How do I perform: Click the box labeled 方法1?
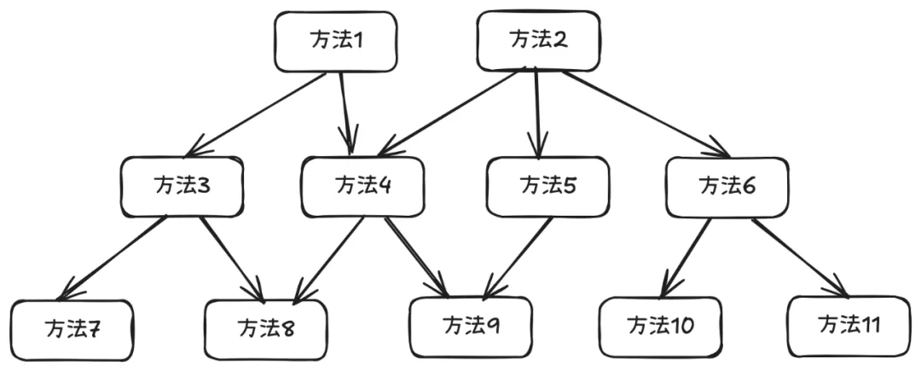(336, 42)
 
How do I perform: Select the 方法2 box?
(538, 40)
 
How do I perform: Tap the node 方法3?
(182, 187)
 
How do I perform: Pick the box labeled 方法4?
(362, 187)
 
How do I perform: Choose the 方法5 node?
(547, 187)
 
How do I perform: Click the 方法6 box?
(727, 187)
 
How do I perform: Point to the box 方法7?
(72, 330)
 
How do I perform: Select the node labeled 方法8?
(266, 328)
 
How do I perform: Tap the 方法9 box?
(471, 327)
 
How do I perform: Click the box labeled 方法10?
(660, 327)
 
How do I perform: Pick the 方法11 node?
(849, 327)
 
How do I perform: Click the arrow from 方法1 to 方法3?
(255, 114)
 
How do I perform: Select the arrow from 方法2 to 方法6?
(646, 114)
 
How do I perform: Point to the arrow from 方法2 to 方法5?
(536, 113)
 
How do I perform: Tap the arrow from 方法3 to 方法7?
(113, 258)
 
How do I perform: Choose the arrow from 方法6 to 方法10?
(686, 258)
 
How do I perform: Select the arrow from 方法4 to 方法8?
(329, 259)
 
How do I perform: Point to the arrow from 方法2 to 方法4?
(448, 113)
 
